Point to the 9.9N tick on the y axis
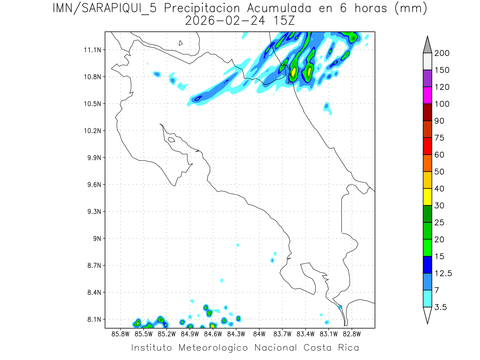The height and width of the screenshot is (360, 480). (x=92, y=158)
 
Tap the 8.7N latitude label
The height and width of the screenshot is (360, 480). (x=92, y=265)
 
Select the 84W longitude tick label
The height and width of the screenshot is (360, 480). (x=259, y=334)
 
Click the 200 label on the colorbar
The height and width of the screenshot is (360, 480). (x=442, y=53)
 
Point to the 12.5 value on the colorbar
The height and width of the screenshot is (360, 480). (x=443, y=273)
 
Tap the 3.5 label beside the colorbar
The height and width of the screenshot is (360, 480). (x=441, y=307)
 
